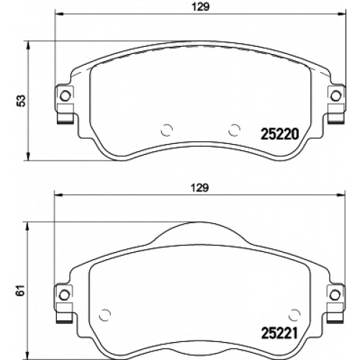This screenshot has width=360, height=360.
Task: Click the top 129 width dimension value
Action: click(x=201, y=6)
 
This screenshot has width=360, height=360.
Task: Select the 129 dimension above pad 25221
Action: click(x=201, y=188)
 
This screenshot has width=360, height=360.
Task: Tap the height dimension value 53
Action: click(x=22, y=101)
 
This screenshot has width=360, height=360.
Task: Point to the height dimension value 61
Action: click(x=22, y=290)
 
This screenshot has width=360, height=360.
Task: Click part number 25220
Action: click(x=279, y=134)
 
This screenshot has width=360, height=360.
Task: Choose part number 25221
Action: click(x=279, y=333)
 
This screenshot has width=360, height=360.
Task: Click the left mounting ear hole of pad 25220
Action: click(x=65, y=96)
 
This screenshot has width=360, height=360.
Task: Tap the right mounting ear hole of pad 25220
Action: click(x=336, y=96)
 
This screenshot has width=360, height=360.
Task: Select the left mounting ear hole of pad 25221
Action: click(x=64, y=295)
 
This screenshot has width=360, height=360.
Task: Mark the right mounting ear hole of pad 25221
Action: click(x=335, y=295)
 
